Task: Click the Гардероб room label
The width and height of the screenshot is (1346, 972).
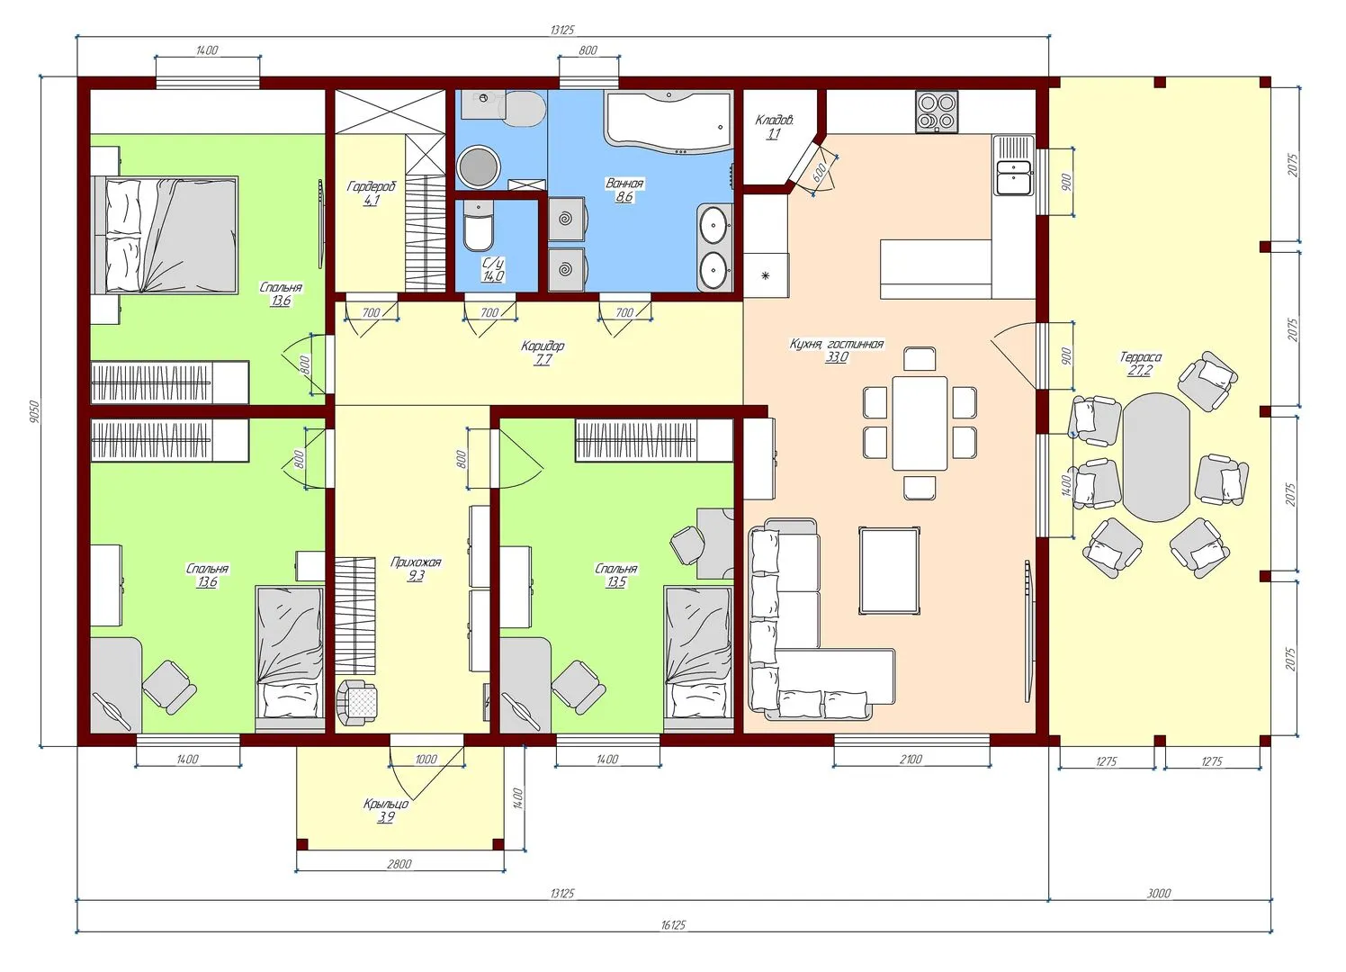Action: [372, 186]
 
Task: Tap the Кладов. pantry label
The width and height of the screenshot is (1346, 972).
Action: [775, 121]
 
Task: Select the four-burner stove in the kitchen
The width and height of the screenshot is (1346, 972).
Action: [937, 112]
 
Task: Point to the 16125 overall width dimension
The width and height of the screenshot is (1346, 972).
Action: [673, 924]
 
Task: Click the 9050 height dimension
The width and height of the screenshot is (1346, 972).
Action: [33, 412]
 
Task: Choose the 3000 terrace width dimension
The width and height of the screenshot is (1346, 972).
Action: [1159, 894]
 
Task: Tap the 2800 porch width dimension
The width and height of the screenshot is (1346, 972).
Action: [399, 864]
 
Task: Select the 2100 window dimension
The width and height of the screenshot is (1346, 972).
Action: [911, 760]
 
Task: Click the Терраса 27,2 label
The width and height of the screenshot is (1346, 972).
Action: [1140, 364]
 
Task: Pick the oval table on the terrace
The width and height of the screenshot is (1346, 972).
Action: [1156, 457]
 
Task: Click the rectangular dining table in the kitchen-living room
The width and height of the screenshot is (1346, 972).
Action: [920, 423]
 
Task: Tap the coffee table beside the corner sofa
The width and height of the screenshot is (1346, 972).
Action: [889, 571]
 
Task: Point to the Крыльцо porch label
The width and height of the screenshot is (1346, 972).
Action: [386, 804]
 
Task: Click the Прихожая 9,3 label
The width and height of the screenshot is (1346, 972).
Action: [416, 569]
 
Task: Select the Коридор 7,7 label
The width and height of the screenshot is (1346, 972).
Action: [543, 353]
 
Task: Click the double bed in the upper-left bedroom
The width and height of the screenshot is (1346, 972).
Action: [165, 235]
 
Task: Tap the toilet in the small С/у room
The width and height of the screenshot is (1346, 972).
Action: [479, 226]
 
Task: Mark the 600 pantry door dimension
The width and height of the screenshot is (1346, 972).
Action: [819, 173]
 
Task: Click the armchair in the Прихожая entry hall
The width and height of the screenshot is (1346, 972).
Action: [357, 702]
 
